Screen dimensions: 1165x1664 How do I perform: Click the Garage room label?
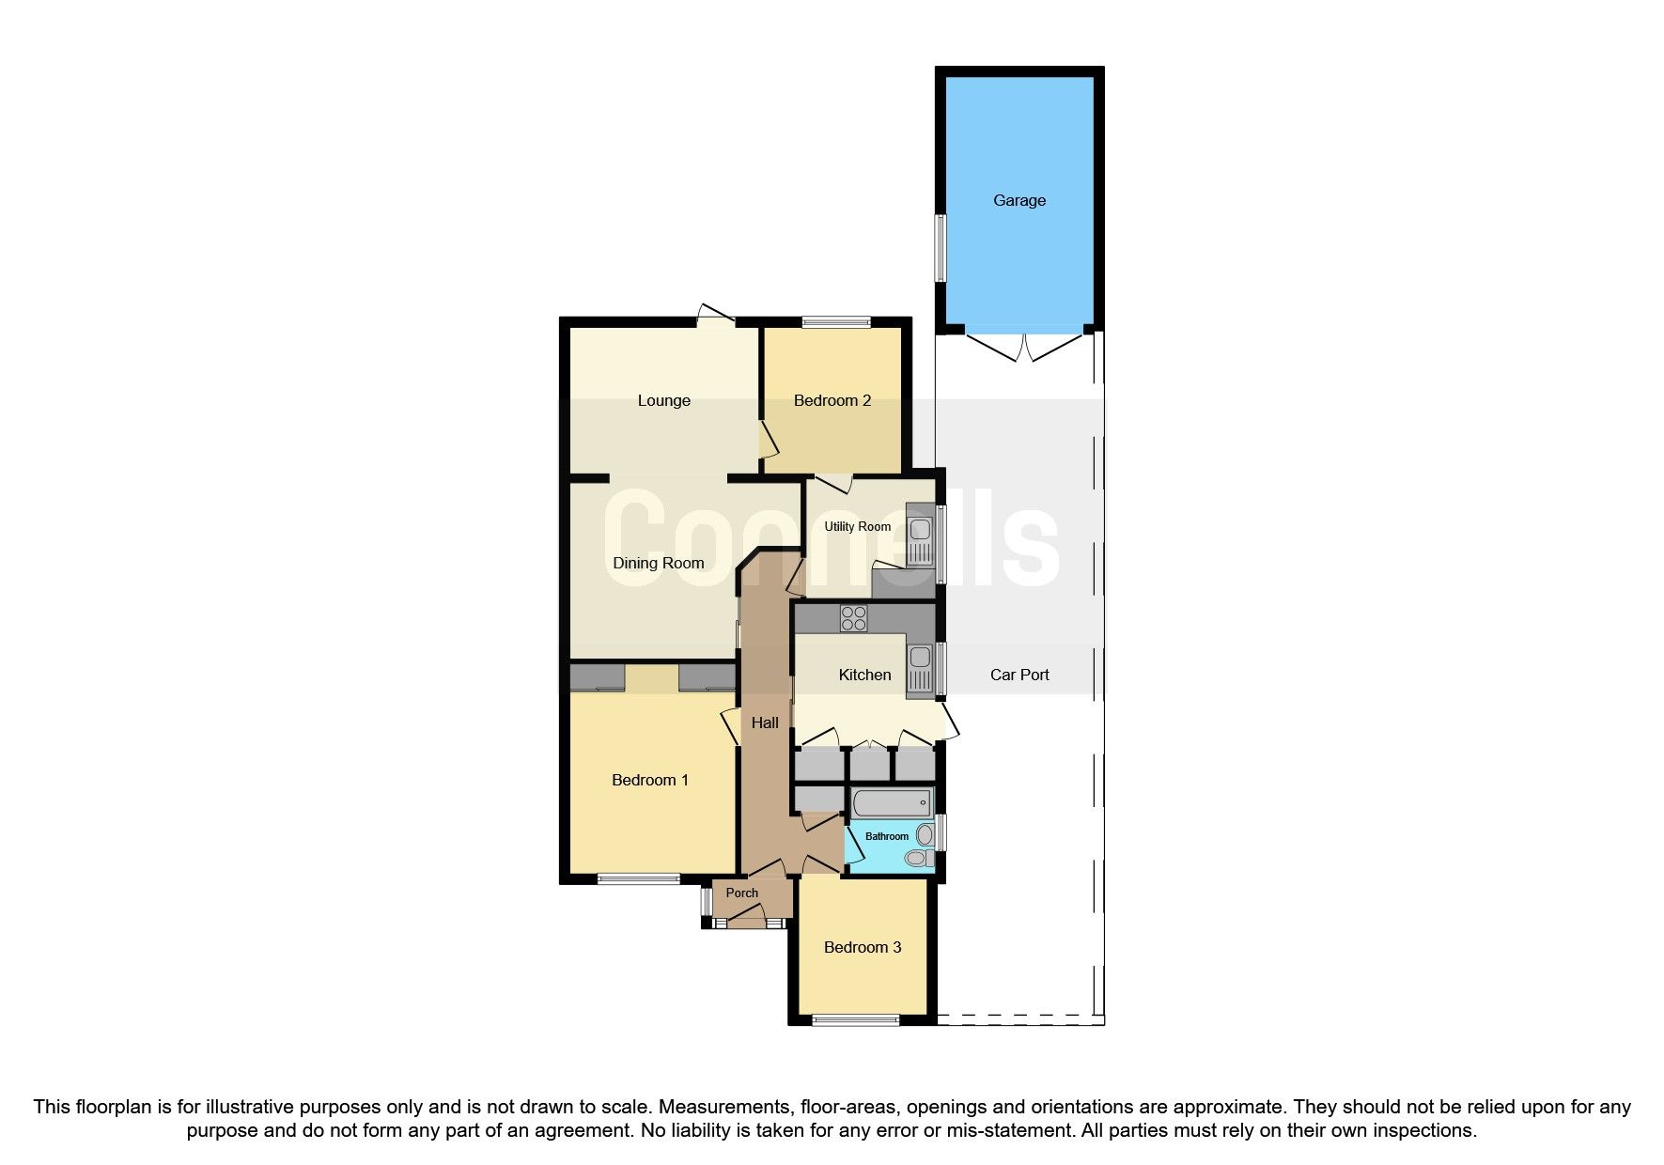click(1019, 200)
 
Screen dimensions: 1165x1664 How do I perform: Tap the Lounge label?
click(663, 400)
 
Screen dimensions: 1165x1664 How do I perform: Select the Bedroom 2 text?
click(832, 400)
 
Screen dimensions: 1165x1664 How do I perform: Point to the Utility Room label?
click(857, 526)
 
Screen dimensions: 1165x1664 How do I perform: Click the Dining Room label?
click(658, 563)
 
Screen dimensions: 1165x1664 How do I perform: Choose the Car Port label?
click(1019, 675)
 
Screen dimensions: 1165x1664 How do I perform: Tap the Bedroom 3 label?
click(862, 947)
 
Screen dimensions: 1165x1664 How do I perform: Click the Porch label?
click(741, 893)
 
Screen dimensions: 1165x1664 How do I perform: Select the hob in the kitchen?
click(854, 618)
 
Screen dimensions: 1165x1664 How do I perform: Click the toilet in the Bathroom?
click(917, 858)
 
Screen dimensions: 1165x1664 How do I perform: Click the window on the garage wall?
click(940, 248)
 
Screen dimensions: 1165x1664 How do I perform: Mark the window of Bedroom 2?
click(836, 322)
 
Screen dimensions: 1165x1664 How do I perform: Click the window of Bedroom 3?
click(855, 1020)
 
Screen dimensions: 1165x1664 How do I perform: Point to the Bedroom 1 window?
click(639, 879)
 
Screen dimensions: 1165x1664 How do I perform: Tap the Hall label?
click(765, 722)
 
